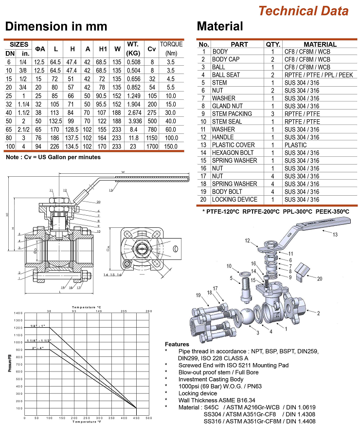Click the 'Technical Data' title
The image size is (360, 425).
pyautogui.click(x=303, y=11)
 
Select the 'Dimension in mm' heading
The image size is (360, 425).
pyautogui.click(x=56, y=26)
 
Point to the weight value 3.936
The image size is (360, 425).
pyautogui.click(x=133, y=121)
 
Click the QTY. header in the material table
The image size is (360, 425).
pyautogui.click(x=272, y=44)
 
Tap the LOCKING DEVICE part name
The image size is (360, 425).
pyautogui.click(x=234, y=199)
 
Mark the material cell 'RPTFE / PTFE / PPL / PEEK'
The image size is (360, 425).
pyautogui.click(x=318, y=74)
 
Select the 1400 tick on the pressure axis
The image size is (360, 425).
pyautogui.click(x=18, y=313)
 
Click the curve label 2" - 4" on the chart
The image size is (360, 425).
pyautogui.click(x=37, y=348)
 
